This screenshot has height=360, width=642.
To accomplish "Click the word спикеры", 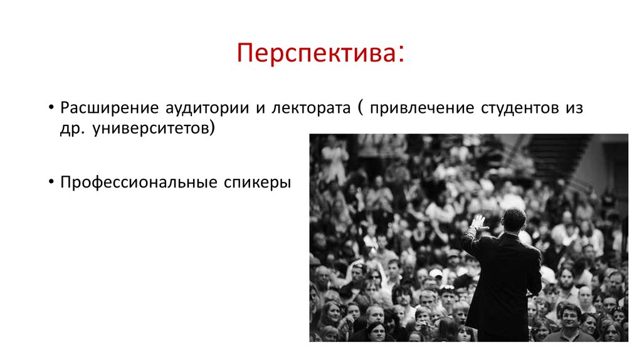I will [x=257, y=183].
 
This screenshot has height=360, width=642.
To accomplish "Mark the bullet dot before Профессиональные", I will [x=50, y=183].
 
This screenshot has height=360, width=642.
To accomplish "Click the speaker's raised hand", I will [x=479, y=223].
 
